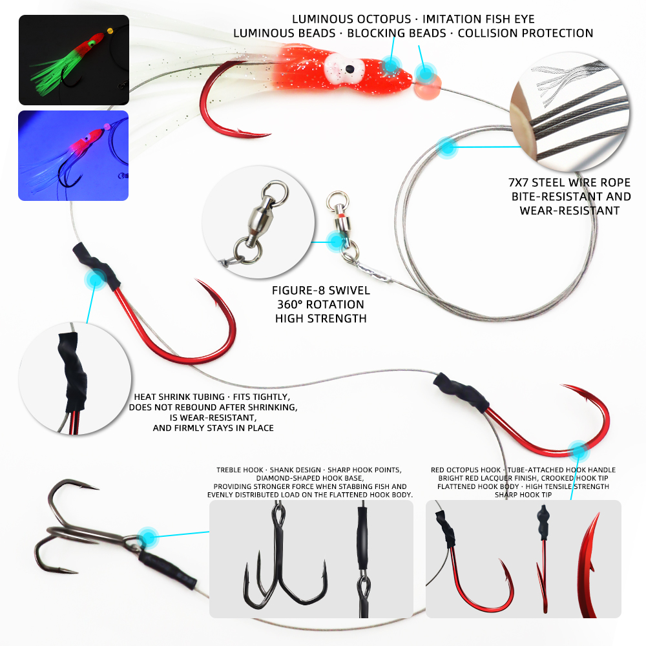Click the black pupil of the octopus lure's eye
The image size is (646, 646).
pyautogui.click(x=349, y=68)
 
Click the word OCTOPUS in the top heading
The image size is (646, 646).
pyautogui.click(x=384, y=19)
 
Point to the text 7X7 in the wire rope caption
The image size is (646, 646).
pyautogui.click(x=518, y=183)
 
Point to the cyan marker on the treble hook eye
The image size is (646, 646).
pyautogui.click(x=147, y=537)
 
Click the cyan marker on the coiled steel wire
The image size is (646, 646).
pyautogui.click(x=447, y=147)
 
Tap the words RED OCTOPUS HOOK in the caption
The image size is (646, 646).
pyautogui.click(x=466, y=470)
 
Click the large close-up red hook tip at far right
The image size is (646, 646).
pyautogui.click(x=590, y=565)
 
